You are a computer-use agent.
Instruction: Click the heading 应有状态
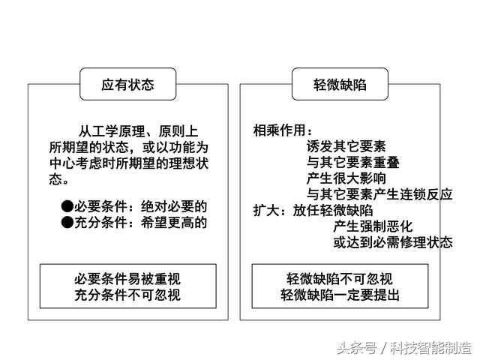[127, 85]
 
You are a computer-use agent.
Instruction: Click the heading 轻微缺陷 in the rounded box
[340, 85]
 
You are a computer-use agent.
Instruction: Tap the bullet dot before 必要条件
[67, 206]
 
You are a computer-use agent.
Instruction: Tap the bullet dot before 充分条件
[67, 222]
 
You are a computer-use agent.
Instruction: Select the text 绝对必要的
[174, 207]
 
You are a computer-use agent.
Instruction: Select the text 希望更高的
[174, 223]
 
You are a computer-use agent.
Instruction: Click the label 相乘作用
[279, 130]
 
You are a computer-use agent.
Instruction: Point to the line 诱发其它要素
[346, 146]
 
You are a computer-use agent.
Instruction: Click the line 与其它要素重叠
[353, 162]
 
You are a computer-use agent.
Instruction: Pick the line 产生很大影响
[346, 178]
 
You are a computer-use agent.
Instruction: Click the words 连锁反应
[426, 194]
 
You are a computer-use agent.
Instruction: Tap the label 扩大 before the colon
[266, 210]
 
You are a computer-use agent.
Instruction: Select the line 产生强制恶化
[373, 226]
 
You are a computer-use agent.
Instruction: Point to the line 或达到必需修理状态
[393, 242]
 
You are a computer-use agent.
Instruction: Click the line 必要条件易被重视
[127, 279]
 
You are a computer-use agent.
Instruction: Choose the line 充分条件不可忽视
[127, 295]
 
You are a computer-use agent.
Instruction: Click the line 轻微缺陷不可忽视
[340, 279]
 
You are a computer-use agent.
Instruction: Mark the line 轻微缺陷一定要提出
[340, 295]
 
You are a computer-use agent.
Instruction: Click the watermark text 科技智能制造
[430, 348]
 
